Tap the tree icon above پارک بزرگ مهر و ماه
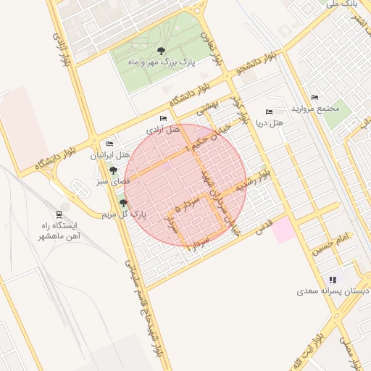point(160,50)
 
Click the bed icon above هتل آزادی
point(163,119)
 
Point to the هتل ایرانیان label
point(109,155)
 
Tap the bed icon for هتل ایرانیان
point(109,144)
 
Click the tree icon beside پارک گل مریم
point(122,204)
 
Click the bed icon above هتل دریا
point(269,112)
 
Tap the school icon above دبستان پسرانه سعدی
point(333,280)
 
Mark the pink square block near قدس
point(283,230)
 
